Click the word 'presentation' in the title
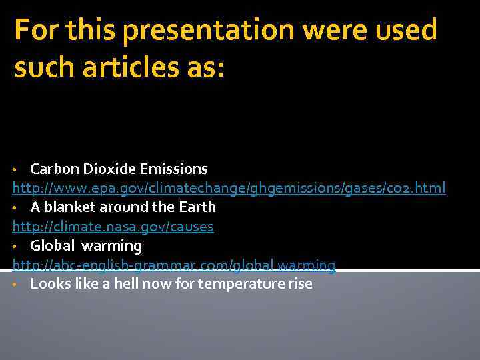click(207, 31)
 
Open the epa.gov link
click(229, 189)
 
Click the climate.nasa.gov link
click(113, 227)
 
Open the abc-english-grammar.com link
click(173, 265)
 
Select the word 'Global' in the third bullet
click(53, 246)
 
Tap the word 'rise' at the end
click(299, 284)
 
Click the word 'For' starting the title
click(34, 31)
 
